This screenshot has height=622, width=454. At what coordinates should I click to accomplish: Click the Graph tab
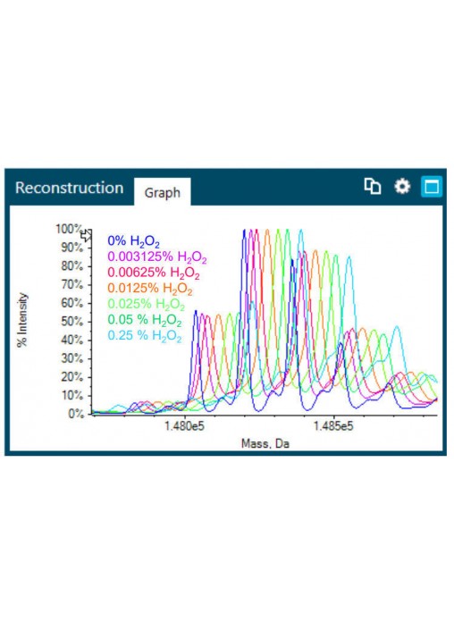[163, 192]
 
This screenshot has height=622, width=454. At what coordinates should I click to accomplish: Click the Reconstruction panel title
[70, 188]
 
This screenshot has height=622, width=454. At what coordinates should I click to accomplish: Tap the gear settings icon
[402, 186]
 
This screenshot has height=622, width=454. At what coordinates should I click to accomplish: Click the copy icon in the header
[373, 186]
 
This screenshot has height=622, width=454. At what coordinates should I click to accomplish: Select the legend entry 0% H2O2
[133, 241]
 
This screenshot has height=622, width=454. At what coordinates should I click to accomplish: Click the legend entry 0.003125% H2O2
[157, 257]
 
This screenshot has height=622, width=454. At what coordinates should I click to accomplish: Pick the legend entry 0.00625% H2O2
[154, 273]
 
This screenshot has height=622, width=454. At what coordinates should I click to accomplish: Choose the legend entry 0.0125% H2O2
[150, 289]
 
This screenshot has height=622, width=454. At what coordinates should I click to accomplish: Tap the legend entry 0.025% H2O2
[146, 304]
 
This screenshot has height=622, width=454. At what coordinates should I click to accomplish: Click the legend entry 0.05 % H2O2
[145, 319]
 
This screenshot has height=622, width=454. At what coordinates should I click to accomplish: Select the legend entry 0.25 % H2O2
[145, 336]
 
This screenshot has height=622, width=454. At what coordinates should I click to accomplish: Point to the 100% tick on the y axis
[69, 230]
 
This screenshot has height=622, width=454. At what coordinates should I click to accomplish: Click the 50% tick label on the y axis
[71, 322]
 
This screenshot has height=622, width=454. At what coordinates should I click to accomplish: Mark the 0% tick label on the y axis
[75, 414]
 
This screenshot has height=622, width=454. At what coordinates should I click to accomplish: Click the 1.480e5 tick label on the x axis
[184, 426]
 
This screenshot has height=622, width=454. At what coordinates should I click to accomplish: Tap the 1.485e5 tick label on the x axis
[333, 426]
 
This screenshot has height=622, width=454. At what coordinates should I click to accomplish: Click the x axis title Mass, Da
[265, 443]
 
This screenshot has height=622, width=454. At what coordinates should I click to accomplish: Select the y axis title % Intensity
[22, 320]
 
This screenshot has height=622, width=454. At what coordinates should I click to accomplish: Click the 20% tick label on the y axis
[71, 377]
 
